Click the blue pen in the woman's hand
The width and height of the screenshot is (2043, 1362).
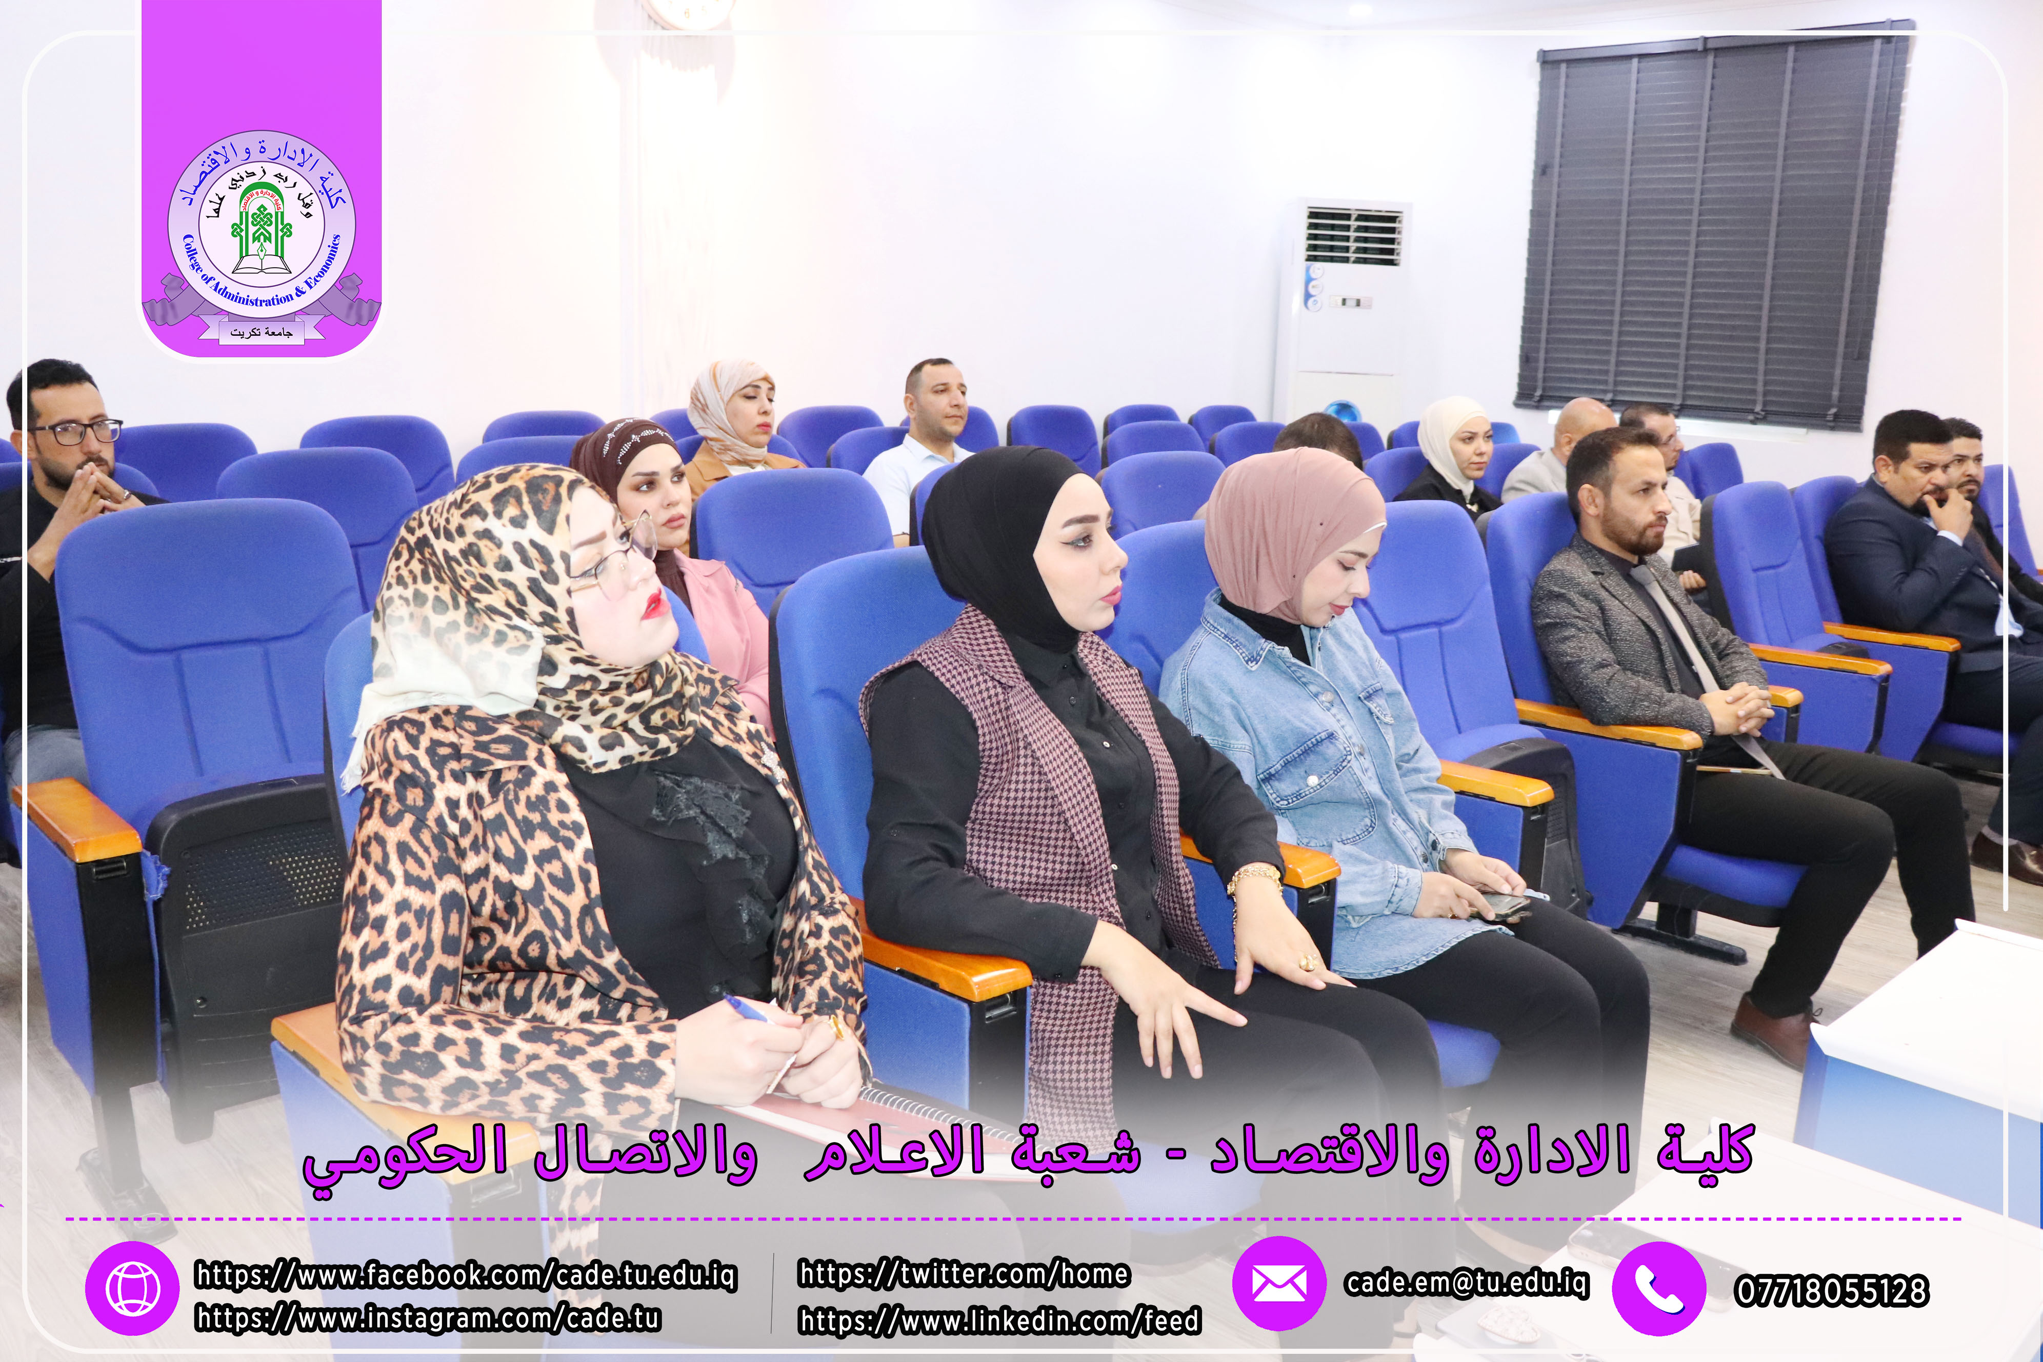tap(747, 1009)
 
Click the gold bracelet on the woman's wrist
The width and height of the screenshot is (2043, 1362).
tap(1253, 879)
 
